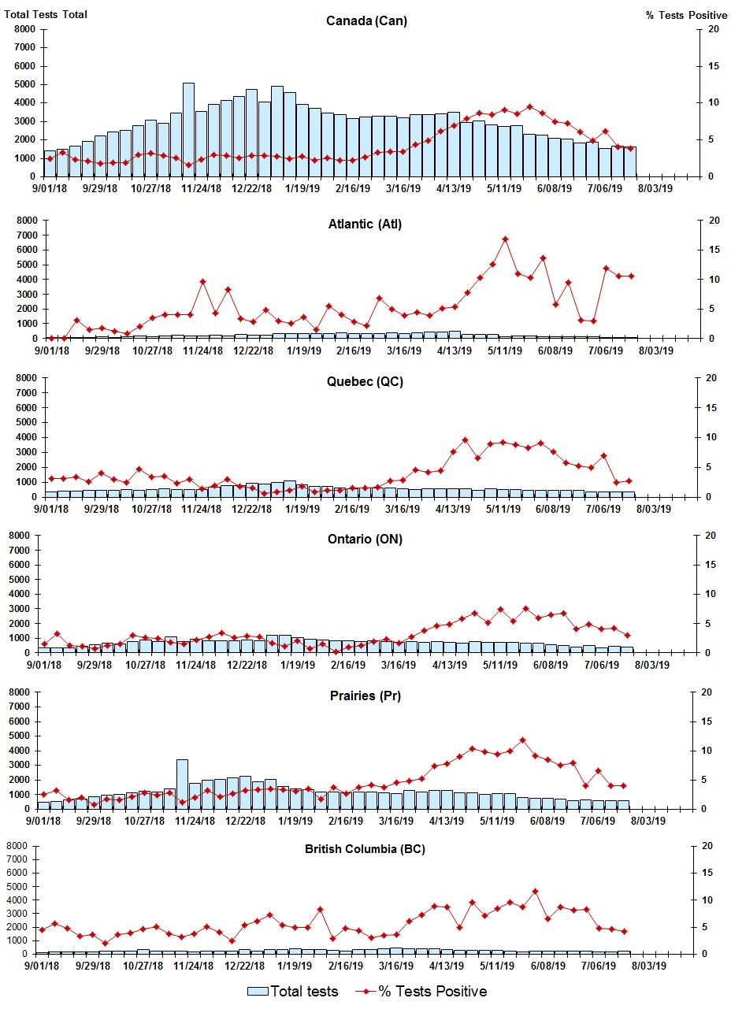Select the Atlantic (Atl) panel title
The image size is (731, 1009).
[365, 224]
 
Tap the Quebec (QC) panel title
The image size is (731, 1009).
[365, 382]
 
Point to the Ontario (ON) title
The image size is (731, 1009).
[365, 540]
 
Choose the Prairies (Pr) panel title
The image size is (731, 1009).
[365, 696]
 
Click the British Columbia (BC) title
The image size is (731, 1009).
[365, 849]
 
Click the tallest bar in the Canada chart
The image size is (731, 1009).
[188, 129]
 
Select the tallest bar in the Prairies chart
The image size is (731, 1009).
[182, 784]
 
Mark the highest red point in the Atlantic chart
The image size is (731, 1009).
[505, 239]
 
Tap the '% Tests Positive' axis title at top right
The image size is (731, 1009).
[686, 15]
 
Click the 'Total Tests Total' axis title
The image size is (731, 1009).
[46, 14]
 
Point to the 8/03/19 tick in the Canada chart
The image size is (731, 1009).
[655, 188]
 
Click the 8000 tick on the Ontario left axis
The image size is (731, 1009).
[26, 536]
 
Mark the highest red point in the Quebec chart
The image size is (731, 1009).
[465, 440]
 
